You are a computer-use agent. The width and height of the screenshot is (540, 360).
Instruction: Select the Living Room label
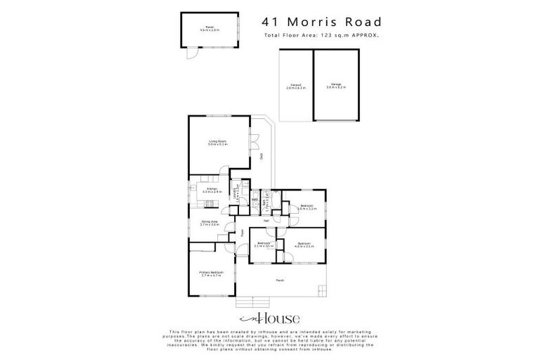(217, 143)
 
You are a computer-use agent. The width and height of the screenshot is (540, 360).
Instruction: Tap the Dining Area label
(210, 223)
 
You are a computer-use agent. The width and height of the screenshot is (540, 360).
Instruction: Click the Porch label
(280, 281)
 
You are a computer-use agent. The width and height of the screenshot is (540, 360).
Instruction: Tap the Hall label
(266, 221)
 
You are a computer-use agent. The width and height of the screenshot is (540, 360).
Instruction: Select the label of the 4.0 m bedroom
(304, 245)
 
